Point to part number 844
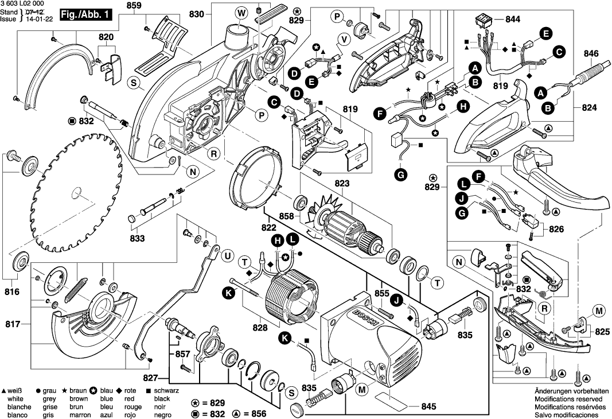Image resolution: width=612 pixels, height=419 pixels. [x=513, y=19]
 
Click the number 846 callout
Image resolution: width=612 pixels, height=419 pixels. [x=591, y=53]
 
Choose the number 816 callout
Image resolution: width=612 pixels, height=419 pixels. [x=12, y=292]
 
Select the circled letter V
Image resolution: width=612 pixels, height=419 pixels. [x=344, y=39]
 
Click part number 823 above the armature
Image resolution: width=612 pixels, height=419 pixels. [x=342, y=184]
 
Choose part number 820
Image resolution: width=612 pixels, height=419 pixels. [x=106, y=37]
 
